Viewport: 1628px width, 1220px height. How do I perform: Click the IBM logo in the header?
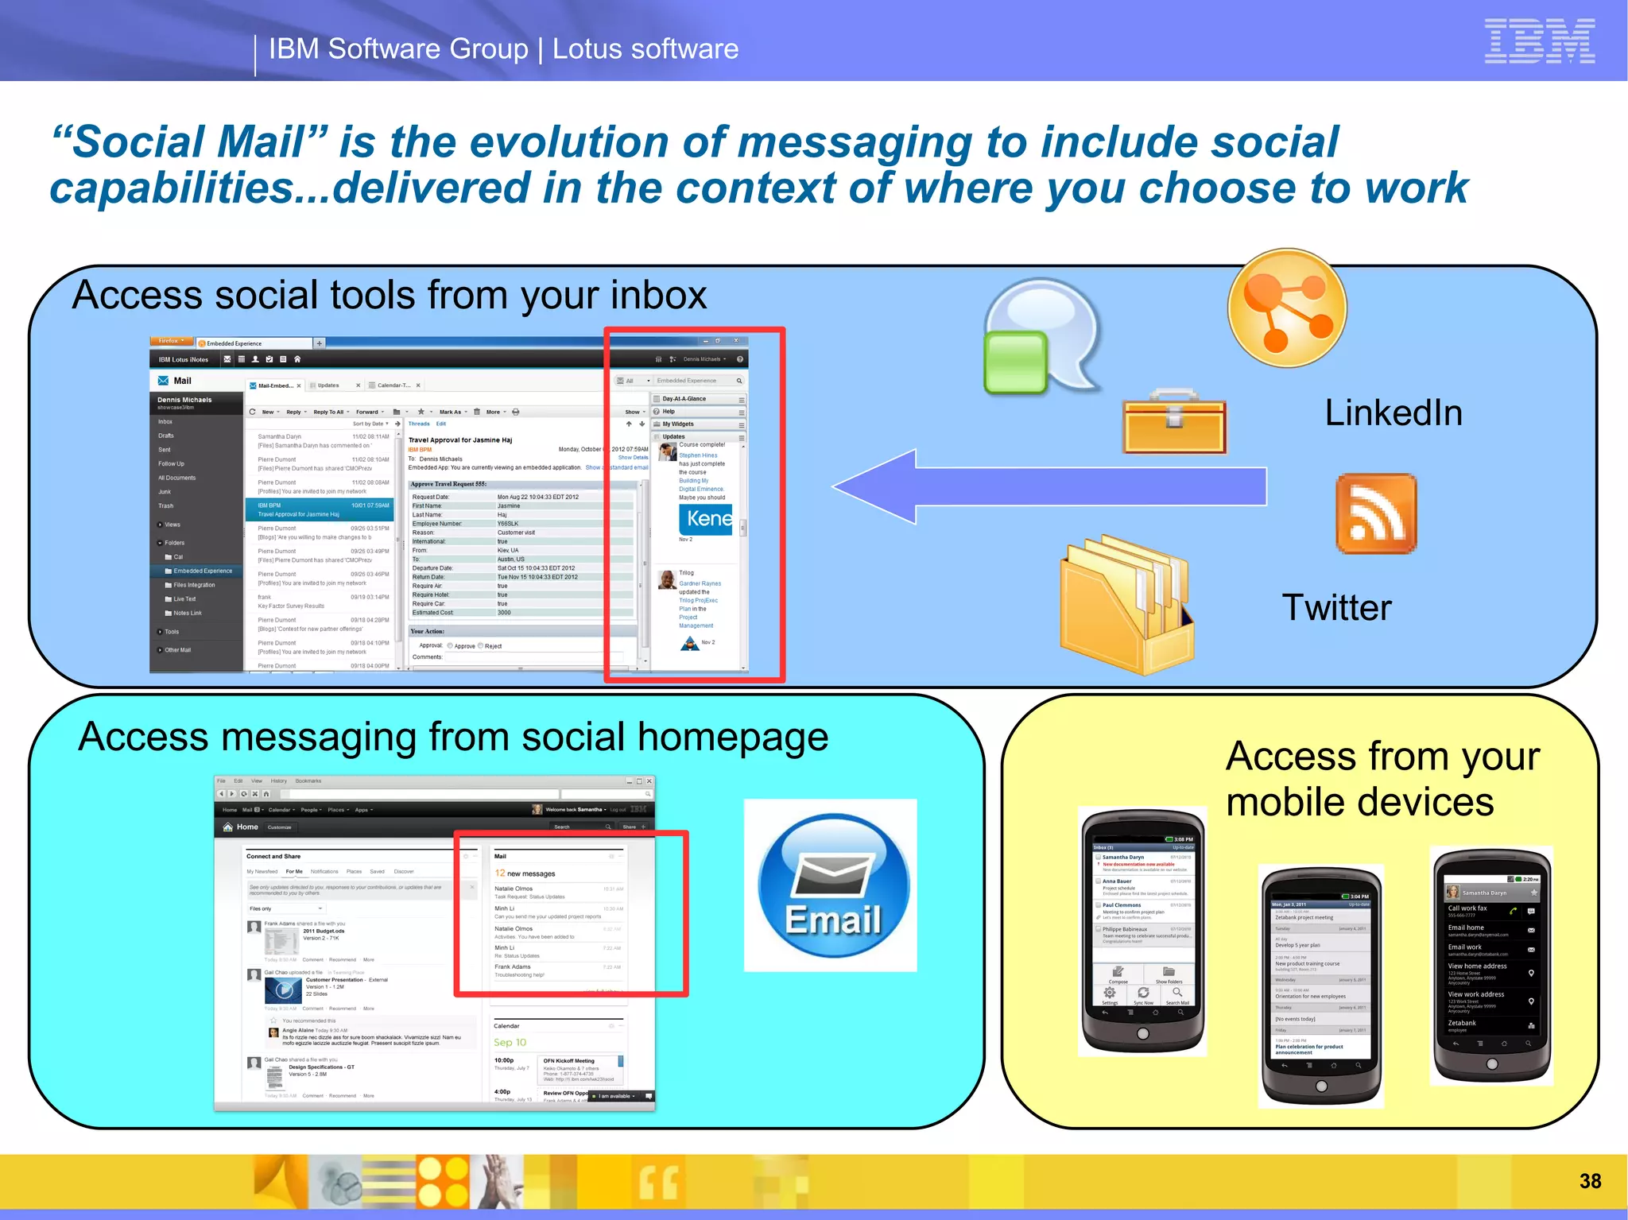pos(1539,41)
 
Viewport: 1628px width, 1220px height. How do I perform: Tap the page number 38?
pos(1590,1181)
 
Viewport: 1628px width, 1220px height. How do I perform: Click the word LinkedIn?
pos(1393,413)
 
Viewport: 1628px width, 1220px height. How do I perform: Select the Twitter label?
pos(1336,608)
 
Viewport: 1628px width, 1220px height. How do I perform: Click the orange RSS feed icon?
pos(1376,513)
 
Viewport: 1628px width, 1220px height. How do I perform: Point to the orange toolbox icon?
pos(1174,421)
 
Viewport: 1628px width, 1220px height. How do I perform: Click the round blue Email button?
pos(832,885)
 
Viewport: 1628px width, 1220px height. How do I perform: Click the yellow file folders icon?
pos(1127,604)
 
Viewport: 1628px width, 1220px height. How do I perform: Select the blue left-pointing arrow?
pos(1049,486)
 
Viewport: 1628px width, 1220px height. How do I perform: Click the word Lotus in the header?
pos(587,49)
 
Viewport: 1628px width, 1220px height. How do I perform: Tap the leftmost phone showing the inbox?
pos(1142,930)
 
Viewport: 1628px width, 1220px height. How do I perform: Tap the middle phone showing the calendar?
pos(1321,986)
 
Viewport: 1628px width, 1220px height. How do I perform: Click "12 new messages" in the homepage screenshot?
pos(525,873)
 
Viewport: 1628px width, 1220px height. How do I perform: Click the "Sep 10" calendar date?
pos(510,1042)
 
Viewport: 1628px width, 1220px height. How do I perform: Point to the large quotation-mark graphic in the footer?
pos(658,1182)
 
